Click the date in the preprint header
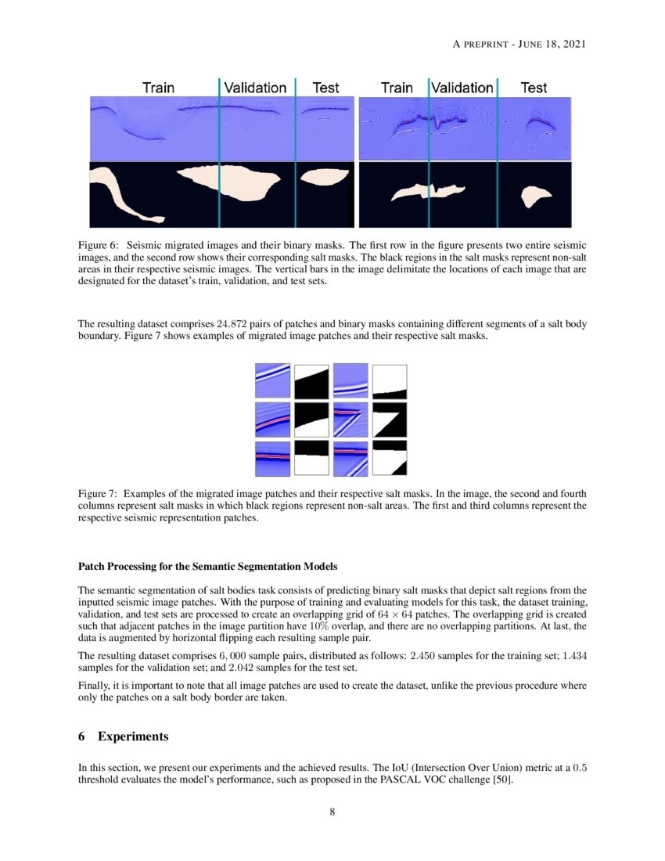coord(553,43)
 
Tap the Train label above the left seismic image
coord(158,88)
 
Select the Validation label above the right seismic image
coord(463,88)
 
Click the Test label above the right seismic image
coord(534,88)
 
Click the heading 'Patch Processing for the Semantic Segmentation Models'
coord(208,566)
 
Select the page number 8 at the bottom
coord(332,812)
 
